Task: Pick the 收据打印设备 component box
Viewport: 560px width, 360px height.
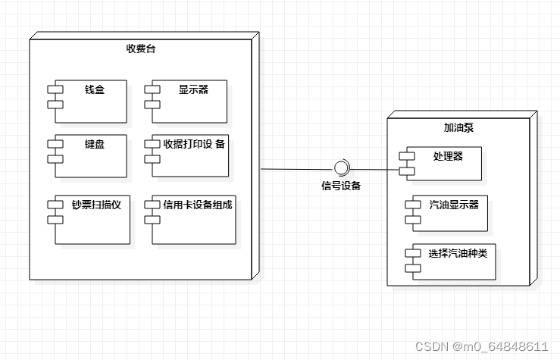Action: (193, 158)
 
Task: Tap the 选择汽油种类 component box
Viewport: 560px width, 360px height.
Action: (453, 262)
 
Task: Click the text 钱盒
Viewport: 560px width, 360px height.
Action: (95, 89)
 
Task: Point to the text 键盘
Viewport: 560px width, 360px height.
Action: (95, 144)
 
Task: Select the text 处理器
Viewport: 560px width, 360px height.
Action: (447, 156)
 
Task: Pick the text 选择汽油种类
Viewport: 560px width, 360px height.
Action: (457, 253)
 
